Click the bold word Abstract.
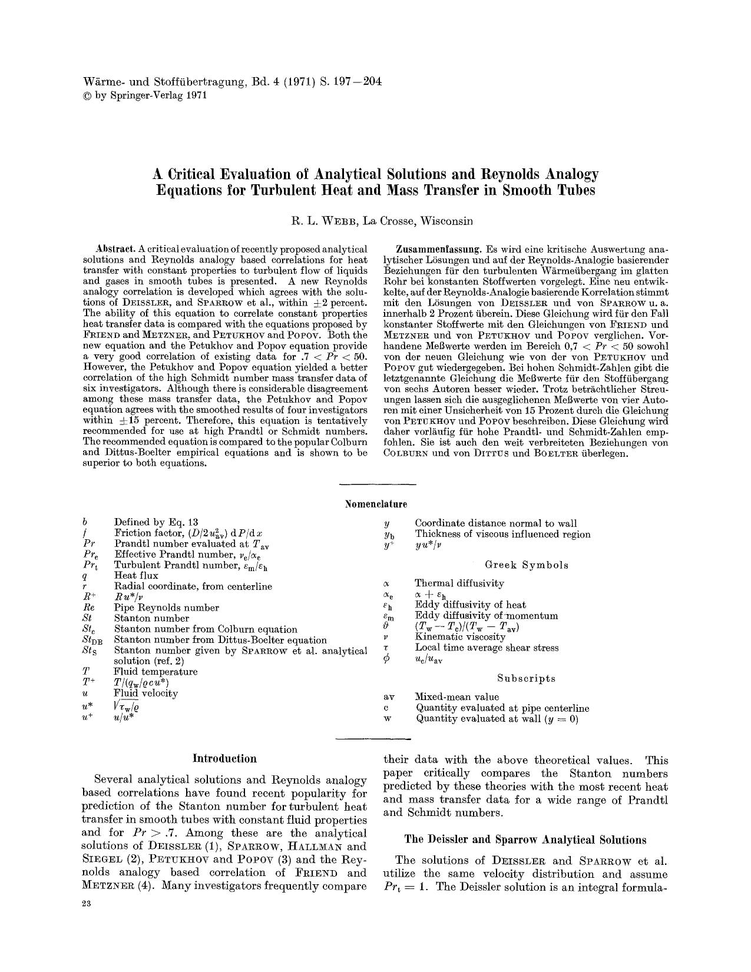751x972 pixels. coord(115,249)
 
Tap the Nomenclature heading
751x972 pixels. coord(376,504)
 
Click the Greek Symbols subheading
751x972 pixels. coord(527,565)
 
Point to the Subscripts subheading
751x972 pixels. coord(526,678)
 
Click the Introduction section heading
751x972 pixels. coord(224,759)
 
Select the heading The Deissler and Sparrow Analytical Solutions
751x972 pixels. coord(525,840)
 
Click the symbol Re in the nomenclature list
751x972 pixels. coord(89,608)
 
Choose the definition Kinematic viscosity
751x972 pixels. coord(460,637)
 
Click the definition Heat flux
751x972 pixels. coord(136,575)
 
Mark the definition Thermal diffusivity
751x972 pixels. coord(459,583)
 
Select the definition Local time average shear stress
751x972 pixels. coord(487,648)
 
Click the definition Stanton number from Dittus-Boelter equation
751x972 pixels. coord(220,640)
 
